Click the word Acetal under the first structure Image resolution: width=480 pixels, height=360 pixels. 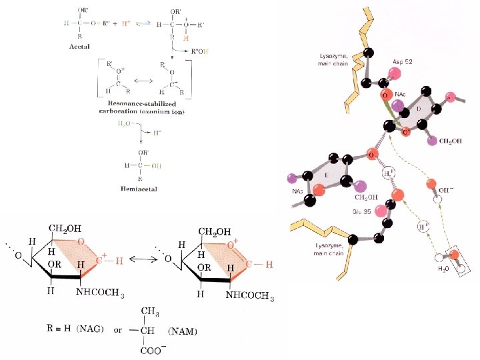coord(80,47)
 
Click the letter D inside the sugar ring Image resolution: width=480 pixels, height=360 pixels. coord(418,107)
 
